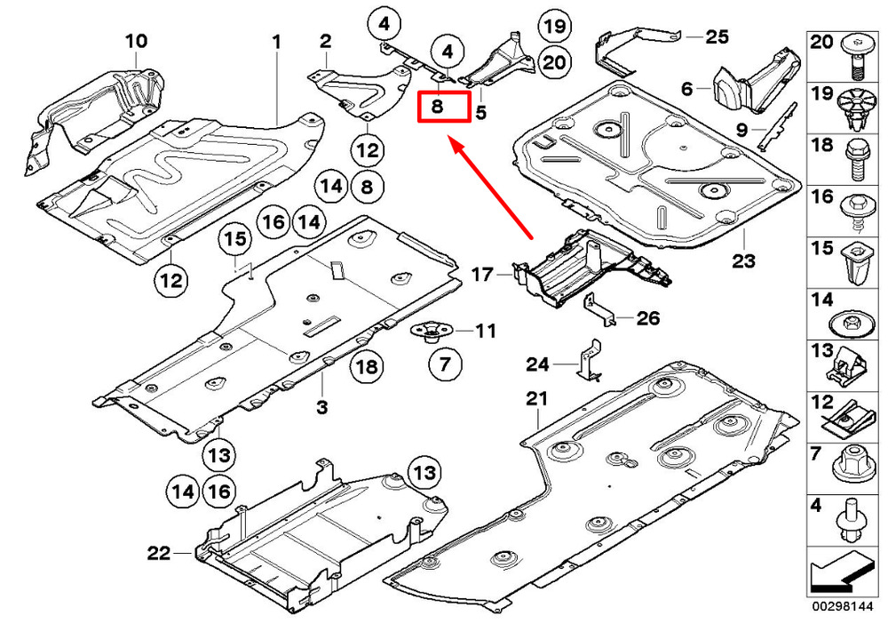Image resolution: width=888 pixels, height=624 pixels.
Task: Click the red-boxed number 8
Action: (437, 106)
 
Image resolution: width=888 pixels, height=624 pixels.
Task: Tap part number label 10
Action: (136, 41)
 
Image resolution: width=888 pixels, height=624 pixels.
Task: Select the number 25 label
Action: (717, 36)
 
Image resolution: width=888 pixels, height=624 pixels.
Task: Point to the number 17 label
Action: (482, 275)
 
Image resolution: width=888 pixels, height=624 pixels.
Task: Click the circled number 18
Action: (367, 366)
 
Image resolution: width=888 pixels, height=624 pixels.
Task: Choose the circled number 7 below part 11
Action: (445, 364)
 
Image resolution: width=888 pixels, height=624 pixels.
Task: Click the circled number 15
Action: (235, 238)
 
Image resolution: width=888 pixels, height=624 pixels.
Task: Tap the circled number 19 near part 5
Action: (554, 26)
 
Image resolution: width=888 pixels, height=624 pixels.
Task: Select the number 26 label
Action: (648, 318)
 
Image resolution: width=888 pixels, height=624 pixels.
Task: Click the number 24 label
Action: (537, 364)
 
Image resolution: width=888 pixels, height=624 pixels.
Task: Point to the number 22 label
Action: (159, 553)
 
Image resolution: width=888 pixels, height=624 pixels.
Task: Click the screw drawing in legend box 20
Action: (857, 57)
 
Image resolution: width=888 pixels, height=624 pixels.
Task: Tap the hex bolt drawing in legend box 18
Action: (855, 161)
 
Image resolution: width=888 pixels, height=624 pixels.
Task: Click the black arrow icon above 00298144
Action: (839, 576)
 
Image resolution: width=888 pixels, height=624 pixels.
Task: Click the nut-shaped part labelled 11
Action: (432, 333)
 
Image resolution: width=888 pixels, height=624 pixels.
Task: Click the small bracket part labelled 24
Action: (589, 361)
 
